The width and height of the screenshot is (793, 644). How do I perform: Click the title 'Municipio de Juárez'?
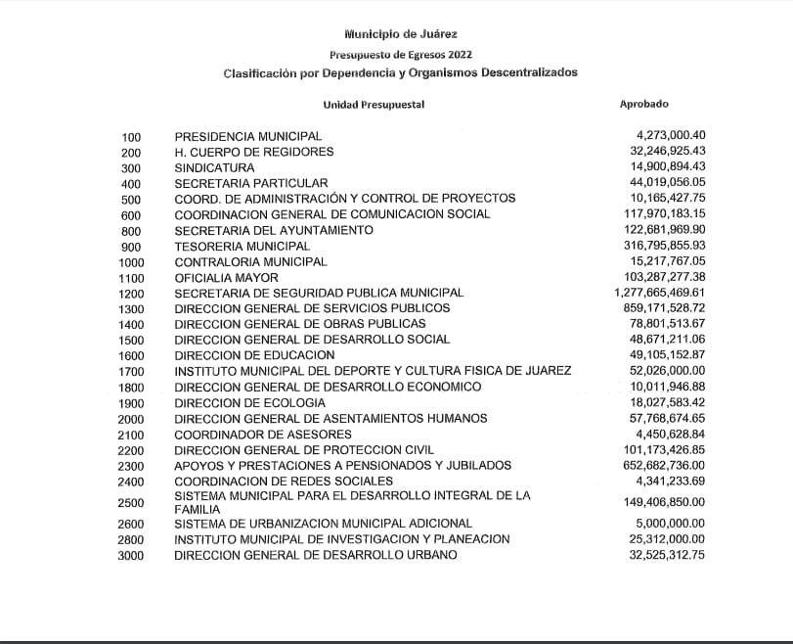pos(400,34)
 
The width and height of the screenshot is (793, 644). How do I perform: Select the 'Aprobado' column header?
pos(644,103)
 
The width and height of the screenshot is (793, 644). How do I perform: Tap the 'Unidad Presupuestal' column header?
pos(374,104)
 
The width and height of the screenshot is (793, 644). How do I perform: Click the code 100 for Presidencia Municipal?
pos(132,137)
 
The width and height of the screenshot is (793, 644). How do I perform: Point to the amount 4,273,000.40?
pos(670,135)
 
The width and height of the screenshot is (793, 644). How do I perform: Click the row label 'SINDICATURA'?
pos(214,168)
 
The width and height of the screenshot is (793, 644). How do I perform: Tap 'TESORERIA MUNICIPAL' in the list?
pos(242,246)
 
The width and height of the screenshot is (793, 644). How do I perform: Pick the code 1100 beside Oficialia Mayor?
pos(130,278)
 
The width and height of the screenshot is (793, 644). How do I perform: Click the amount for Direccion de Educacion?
pos(670,354)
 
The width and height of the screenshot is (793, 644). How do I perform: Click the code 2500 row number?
pos(130,503)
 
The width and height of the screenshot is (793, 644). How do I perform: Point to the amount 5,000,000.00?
pos(670,524)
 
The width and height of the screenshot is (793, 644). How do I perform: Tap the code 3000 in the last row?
pos(130,556)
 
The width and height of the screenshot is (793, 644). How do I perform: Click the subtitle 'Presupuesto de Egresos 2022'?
pos(400,55)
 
